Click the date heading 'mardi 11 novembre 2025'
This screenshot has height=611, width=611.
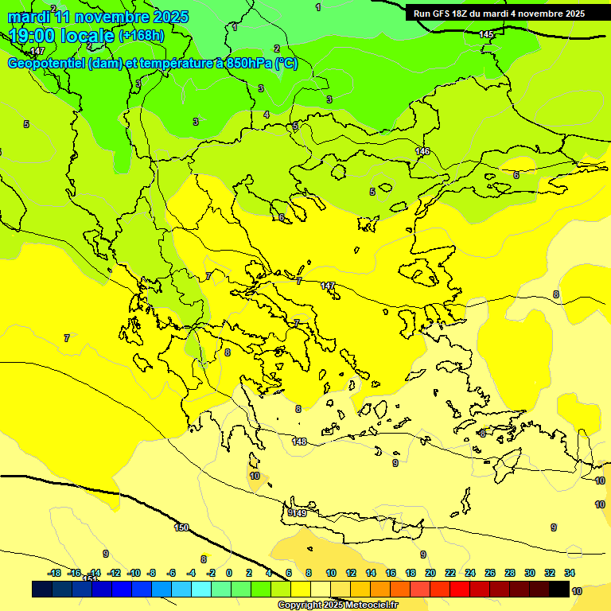click(98, 17)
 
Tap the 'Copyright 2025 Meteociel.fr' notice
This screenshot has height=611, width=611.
click(337, 605)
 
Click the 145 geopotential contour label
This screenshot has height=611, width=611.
click(486, 34)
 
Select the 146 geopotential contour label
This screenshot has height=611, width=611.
click(422, 151)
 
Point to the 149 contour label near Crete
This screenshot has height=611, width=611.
click(299, 513)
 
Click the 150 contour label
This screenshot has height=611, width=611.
click(181, 527)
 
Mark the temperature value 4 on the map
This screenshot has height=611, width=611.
click(267, 115)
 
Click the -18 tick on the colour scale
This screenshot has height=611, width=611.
click(54, 573)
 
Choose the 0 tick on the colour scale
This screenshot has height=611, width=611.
click(229, 573)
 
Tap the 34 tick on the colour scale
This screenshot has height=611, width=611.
click(570, 573)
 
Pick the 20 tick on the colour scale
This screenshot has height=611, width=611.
click(430, 573)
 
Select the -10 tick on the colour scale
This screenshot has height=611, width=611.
click(134, 573)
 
